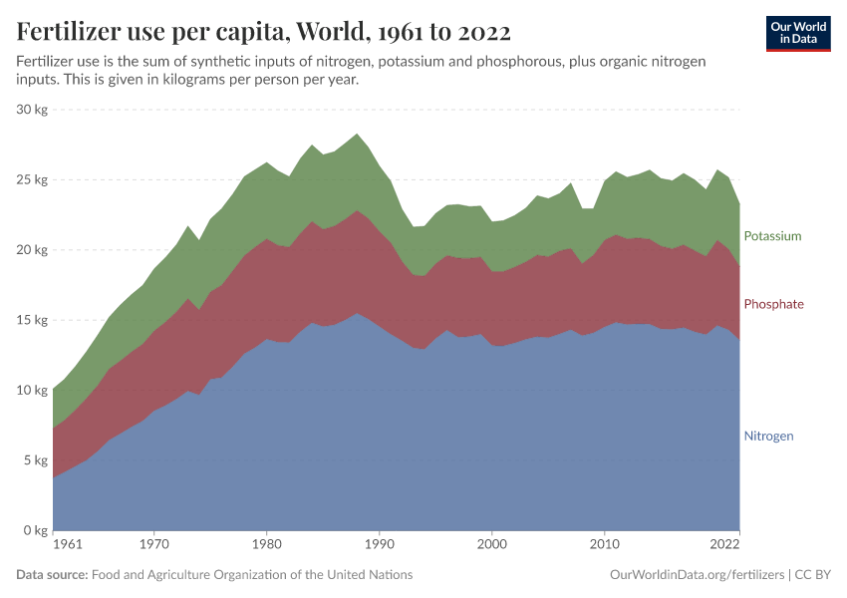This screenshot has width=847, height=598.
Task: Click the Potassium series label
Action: tap(772, 236)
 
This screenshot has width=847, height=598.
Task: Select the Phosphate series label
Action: tap(773, 304)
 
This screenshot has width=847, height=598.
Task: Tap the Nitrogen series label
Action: tap(768, 437)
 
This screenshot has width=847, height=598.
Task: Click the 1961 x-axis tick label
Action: tap(67, 545)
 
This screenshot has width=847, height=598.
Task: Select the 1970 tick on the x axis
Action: tap(153, 545)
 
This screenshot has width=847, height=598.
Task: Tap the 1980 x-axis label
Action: tap(266, 545)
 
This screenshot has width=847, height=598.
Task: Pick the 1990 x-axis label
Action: tap(379, 545)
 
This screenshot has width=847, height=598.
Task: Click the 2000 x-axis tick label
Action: tap(491, 545)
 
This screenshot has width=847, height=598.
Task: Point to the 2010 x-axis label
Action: tap(604, 545)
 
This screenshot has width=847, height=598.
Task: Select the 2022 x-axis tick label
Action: tap(724, 545)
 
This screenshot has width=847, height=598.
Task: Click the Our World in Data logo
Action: tap(798, 33)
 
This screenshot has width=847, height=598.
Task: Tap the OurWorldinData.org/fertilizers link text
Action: tap(696, 575)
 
